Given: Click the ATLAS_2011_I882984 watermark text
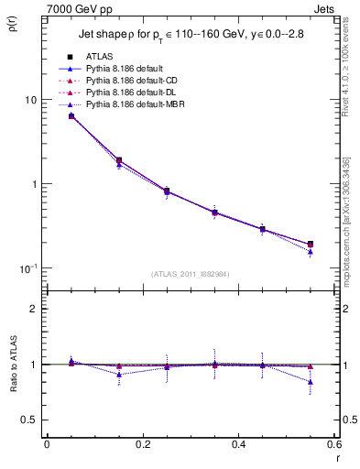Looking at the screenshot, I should tap(189, 274).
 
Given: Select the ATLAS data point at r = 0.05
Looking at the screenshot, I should tap(71, 116).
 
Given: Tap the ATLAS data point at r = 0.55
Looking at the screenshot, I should tap(311, 244).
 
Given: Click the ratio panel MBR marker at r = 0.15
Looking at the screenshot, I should tap(119, 374).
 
